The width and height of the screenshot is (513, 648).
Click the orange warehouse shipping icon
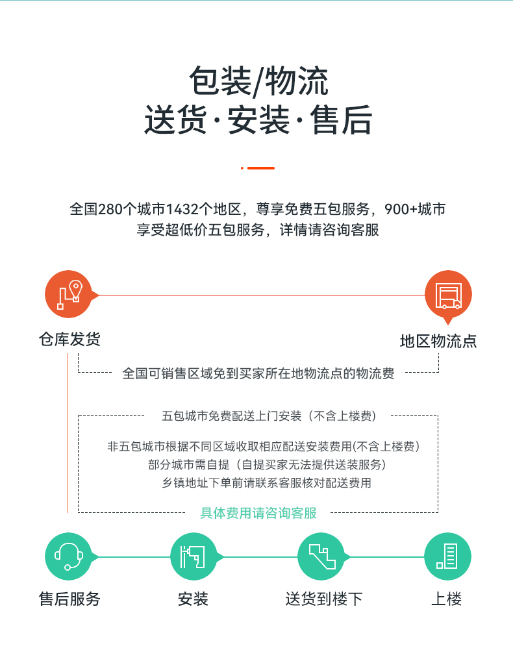coord(69,294)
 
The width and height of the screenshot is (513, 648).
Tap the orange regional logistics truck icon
coord(448,295)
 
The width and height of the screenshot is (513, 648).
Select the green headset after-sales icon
coord(69,556)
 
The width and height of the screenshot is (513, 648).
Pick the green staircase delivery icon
coord(321,556)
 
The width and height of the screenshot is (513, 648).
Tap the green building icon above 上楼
coord(447,556)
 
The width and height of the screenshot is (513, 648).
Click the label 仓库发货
coord(69,339)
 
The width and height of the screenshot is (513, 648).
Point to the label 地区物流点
coord(438,342)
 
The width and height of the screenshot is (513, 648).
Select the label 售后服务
coord(69,599)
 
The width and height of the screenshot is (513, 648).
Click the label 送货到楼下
coord(324,599)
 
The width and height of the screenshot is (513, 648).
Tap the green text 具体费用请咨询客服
coord(258,513)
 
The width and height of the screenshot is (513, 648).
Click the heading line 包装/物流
coord(258,81)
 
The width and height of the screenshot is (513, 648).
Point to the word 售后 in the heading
coord(341,119)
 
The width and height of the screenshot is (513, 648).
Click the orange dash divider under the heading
coord(258,168)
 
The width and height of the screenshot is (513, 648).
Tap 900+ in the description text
coord(401,209)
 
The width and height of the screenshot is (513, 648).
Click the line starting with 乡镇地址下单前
coord(267,482)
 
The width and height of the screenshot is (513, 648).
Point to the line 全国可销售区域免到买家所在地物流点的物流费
coord(258,373)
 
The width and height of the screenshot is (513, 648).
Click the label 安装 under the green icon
coord(193,599)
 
